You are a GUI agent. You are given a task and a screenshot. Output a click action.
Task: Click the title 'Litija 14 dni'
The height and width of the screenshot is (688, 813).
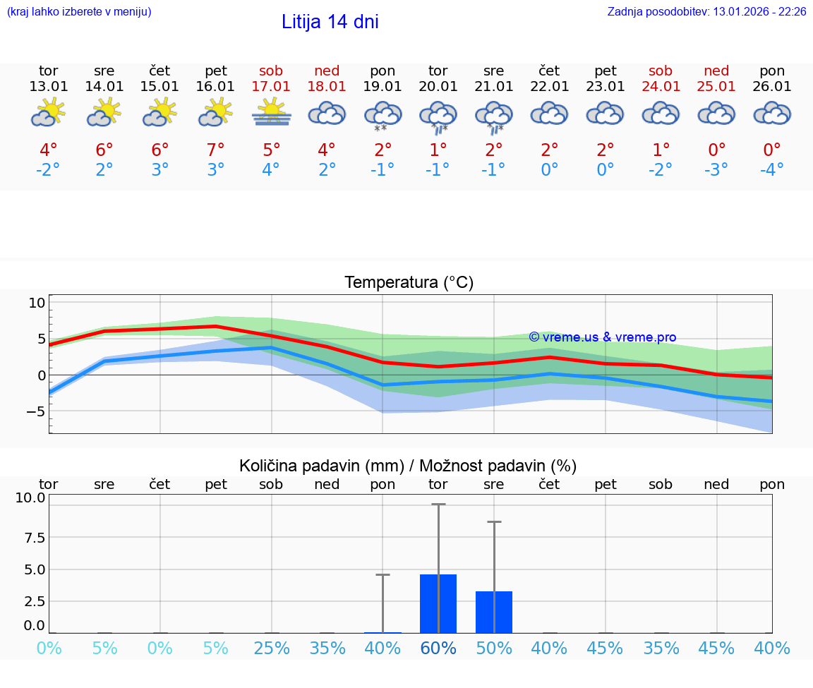click(330, 22)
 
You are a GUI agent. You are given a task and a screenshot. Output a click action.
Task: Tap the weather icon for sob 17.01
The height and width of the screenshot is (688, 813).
click(271, 113)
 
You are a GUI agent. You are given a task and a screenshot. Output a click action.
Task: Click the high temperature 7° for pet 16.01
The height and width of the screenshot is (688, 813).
click(215, 150)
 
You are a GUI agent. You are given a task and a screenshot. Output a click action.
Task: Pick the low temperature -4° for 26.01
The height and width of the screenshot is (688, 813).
click(771, 170)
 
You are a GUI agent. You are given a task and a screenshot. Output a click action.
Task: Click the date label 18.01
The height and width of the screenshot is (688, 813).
click(327, 87)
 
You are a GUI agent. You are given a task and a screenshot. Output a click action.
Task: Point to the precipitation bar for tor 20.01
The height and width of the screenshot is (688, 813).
click(438, 604)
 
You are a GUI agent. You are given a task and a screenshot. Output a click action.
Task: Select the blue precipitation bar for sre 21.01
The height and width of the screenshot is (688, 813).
click(494, 612)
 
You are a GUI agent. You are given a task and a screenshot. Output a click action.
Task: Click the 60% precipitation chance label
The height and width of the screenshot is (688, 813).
click(438, 648)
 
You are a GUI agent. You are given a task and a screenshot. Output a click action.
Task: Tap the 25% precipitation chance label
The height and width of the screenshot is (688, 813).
click(272, 648)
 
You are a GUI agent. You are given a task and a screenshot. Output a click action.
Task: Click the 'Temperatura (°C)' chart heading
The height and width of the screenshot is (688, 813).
click(409, 283)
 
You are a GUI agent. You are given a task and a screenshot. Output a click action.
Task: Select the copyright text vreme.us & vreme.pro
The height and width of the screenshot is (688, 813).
click(602, 337)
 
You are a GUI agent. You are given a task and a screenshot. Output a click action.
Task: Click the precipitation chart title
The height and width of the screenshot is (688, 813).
click(408, 466)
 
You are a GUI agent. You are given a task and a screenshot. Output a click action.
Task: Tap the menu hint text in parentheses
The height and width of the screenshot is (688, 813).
click(79, 12)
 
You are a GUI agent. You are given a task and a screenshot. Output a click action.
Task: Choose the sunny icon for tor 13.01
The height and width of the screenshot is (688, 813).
click(48, 113)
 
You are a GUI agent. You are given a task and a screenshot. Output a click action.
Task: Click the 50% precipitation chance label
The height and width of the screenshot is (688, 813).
click(494, 648)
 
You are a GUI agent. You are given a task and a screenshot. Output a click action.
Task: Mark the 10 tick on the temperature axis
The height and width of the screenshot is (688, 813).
click(37, 303)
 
